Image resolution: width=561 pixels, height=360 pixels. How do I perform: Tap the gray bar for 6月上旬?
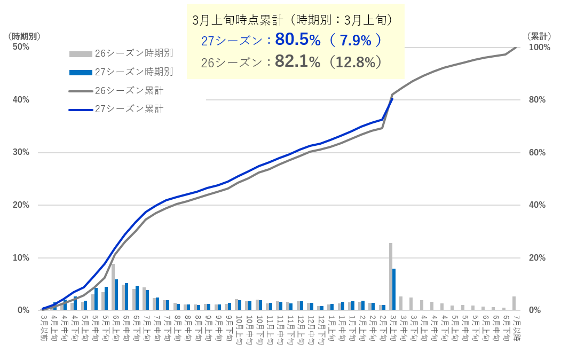coord(113,287)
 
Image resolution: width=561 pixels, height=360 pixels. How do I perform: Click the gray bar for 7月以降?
coord(514,303)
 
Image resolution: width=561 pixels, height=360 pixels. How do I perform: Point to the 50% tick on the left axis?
coord(21,47)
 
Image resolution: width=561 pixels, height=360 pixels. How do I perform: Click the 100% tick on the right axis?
coord(539,47)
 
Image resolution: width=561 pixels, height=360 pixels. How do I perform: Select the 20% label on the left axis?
coord(21,205)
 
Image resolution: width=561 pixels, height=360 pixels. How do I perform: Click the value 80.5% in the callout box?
coord(297,40)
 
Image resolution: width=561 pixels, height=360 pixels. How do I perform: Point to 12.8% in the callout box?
coord(355,62)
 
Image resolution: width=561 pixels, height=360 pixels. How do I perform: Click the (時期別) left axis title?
coord(25,36)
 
